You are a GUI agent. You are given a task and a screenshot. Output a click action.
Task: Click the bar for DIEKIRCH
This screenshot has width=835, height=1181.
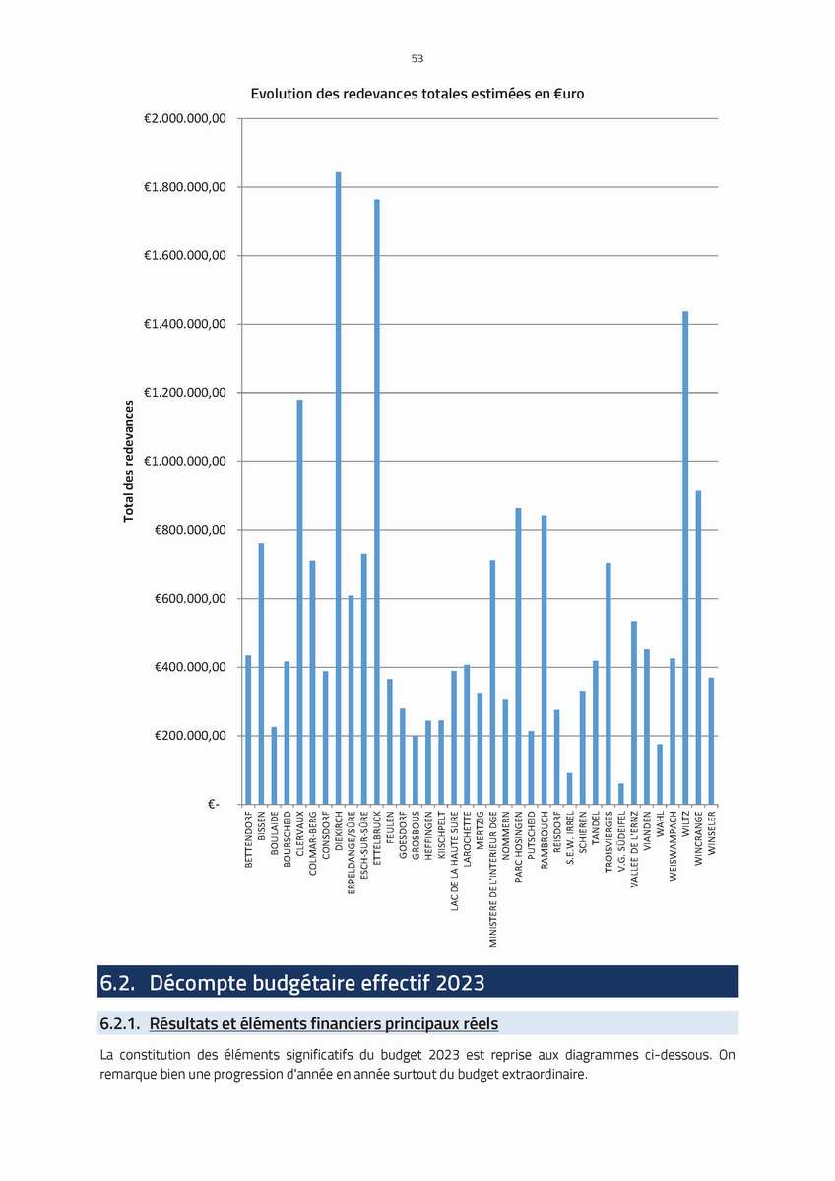[x=338, y=489]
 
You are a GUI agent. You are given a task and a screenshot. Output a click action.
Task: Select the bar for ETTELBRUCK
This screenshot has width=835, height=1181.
[x=376, y=501]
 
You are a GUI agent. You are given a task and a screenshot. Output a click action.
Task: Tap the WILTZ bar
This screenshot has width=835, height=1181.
[x=685, y=558]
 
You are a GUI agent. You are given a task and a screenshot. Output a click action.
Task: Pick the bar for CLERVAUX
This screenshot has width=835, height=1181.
[x=299, y=602]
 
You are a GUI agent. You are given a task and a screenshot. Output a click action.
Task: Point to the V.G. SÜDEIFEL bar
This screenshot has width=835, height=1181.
[x=621, y=794]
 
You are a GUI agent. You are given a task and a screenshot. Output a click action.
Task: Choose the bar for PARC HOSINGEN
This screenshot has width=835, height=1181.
[x=518, y=656]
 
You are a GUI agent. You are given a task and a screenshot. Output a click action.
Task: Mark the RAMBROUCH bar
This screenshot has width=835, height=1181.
[x=544, y=660]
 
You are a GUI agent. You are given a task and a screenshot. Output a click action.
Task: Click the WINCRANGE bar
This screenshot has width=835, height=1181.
[x=698, y=647]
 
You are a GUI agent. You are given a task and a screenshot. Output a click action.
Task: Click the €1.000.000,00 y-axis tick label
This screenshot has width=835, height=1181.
[x=184, y=461]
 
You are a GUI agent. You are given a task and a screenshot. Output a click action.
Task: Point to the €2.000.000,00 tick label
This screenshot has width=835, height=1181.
[x=184, y=118]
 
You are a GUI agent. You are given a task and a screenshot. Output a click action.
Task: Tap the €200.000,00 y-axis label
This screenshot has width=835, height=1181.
[x=190, y=735]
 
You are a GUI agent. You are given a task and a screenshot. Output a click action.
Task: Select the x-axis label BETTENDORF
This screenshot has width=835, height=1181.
[x=249, y=839]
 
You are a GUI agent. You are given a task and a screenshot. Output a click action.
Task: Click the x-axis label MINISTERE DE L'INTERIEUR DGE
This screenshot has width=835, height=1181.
[x=493, y=879]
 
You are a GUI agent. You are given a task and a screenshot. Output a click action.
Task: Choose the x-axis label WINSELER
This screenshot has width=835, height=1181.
[x=712, y=833]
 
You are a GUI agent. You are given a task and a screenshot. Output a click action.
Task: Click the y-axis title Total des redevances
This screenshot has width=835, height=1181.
[x=129, y=461]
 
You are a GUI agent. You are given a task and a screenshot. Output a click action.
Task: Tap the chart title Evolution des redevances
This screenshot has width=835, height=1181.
[x=417, y=94]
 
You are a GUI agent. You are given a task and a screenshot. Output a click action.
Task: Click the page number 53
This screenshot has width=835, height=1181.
[x=417, y=58]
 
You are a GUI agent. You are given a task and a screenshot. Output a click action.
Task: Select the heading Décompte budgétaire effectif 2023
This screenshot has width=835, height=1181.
[x=317, y=983]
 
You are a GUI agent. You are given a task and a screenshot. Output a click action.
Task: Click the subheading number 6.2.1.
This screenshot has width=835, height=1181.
[x=120, y=1023]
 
